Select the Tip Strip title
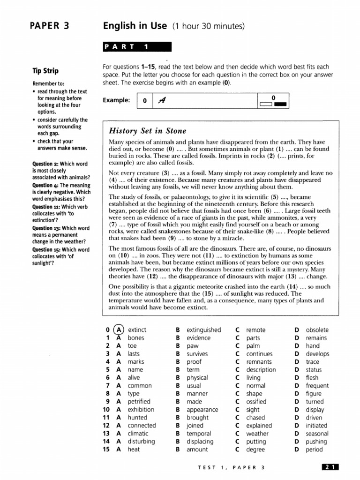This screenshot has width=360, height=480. pyautogui.click(x=45, y=71)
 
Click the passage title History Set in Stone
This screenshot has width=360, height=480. pyautogui.click(x=147, y=131)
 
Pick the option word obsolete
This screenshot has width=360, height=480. pyautogui.click(x=317, y=330)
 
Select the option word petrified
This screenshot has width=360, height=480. pyautogui.click(x=139, y=402)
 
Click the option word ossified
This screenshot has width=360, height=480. pyautogui.click(x=256, y=402)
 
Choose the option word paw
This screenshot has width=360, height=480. pyautogui.click(x=193, y=346)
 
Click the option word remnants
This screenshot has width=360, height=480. pyautogui.click(x=259, y=362)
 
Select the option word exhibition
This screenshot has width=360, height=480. pyautogui.click(x=141, y=410)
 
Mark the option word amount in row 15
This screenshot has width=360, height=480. pyautogui.click(x=197, y=450)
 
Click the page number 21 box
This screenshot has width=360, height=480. pyautogui.click(x=330, y=467)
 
